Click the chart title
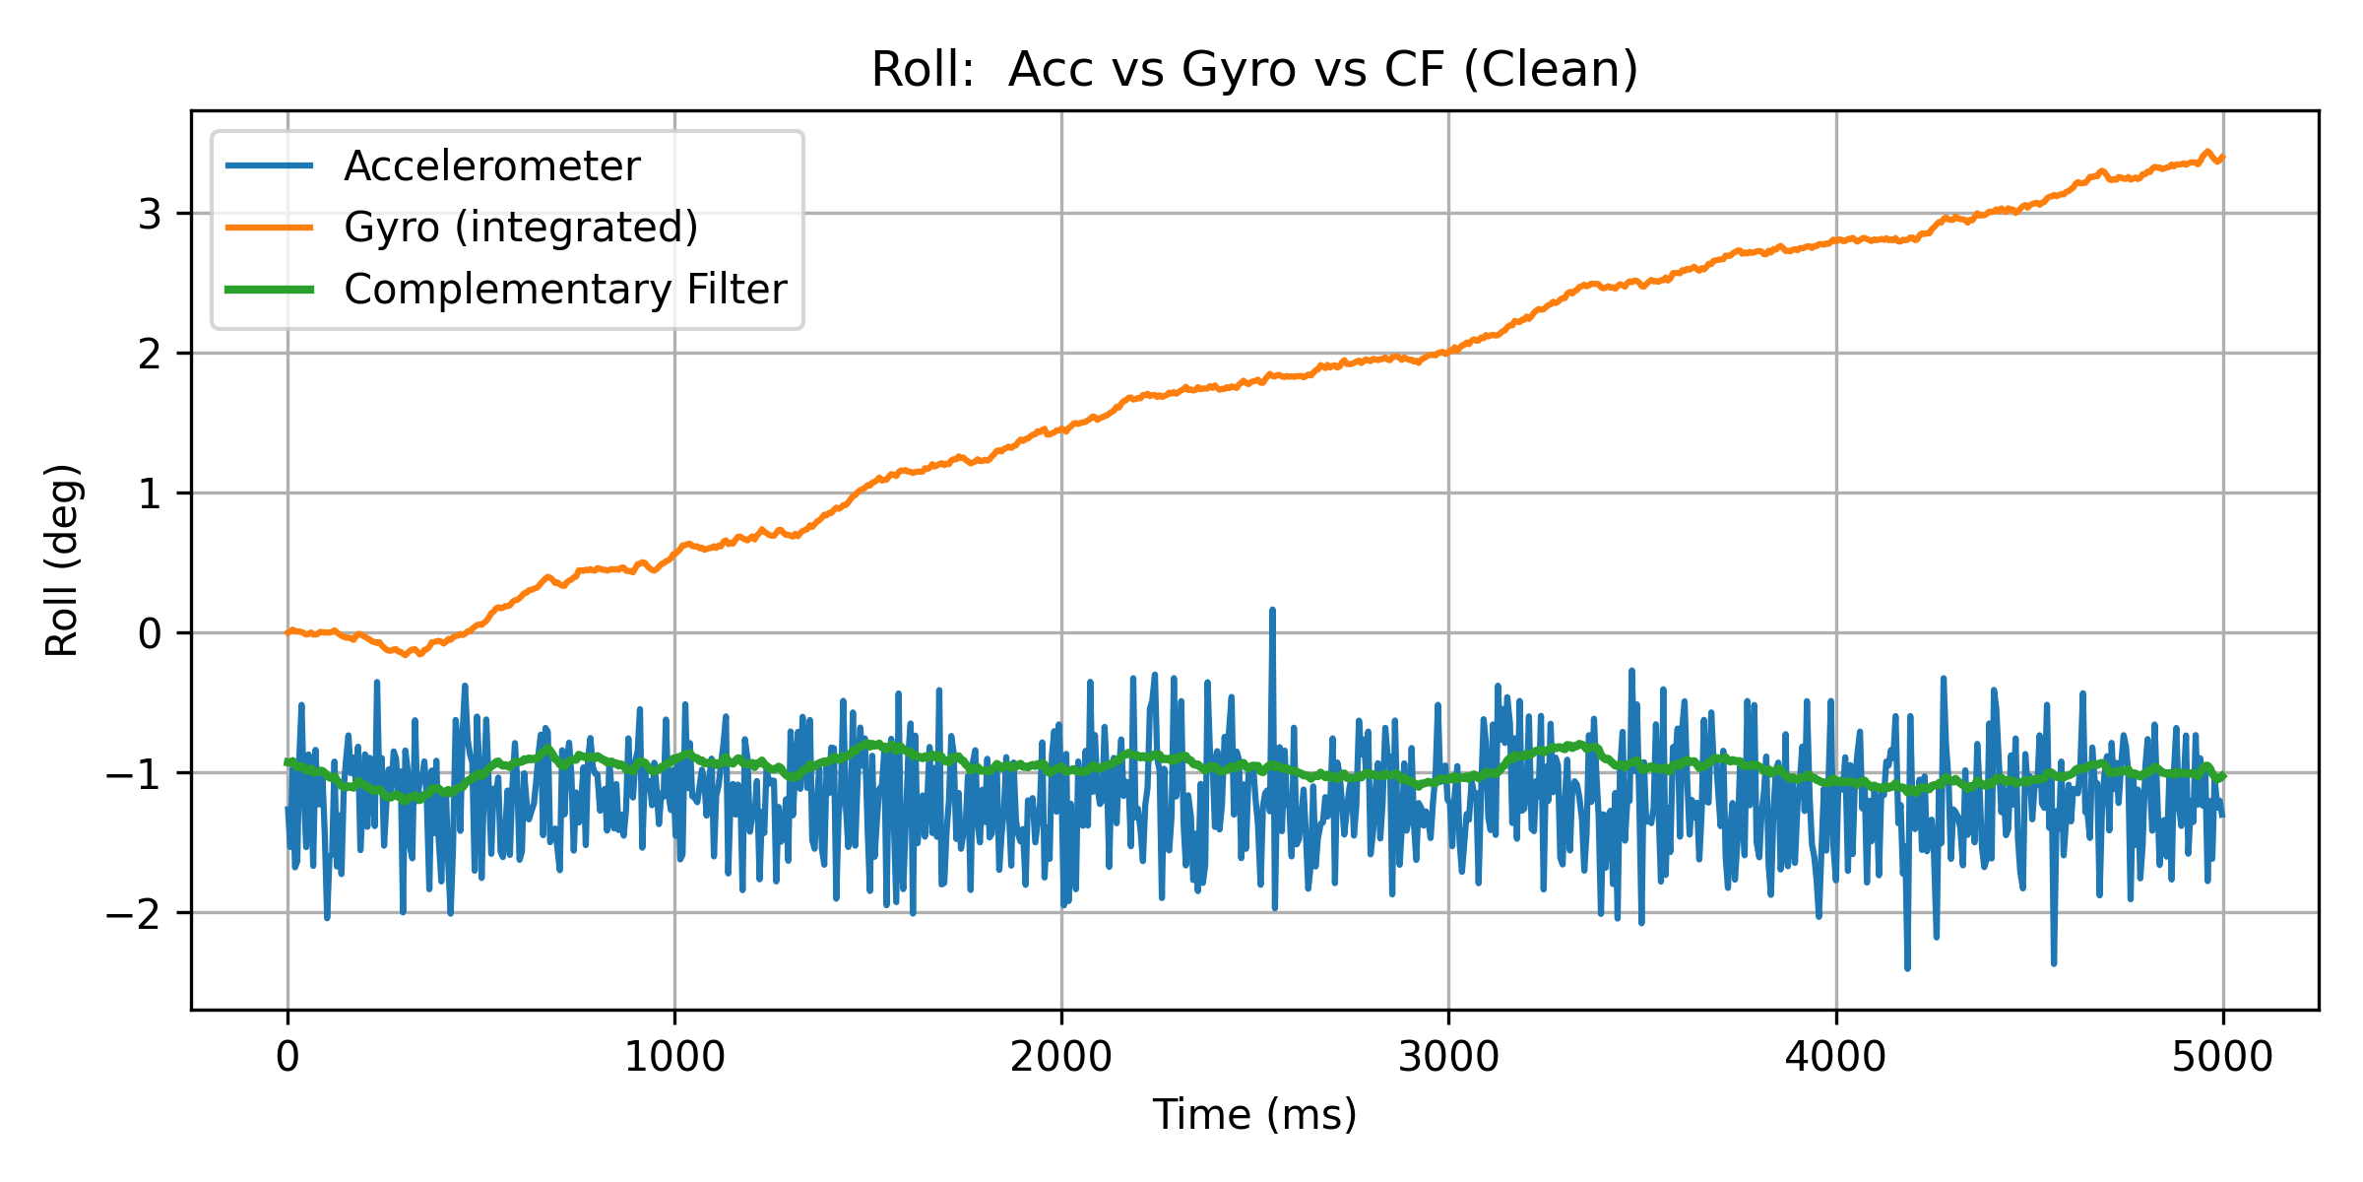pyautogui.click(x=1254, y=70)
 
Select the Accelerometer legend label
pyautogui.click(x=491, y=165)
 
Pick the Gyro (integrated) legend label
pyautogui.click(x=521, y=228)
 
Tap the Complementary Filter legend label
pyautogui.click(x=565, y=290)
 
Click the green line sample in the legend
pyautogui.click(x=270, y=290)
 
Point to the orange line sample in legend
pyautogui.click(x=270, y=228)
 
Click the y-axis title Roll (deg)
pyautogui.click(x=62, y=559)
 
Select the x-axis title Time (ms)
pyautogui.click(x=1254, y=1114)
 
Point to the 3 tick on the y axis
pyautogui.click(x=150, y=214)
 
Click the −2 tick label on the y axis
pyautogui.click(x=134, y=914)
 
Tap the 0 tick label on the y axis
pyautogui.click(x=150, y=633)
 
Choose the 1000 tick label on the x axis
pyautogui.click(x=674, y=1057)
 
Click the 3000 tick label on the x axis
pyautogui.click(x=1448, y=1057)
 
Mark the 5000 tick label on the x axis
pyautogui.click(x=2222, y=1057)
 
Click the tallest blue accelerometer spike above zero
pyautogui.click(x=1272, y=611)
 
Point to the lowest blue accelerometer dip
pyautogui.click(x=1907, y=968)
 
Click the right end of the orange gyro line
pyautogui.click(x=2222, y=158)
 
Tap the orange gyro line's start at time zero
pyautogui.click(x=287, y=632)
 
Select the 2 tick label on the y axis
pyautogui.click(x=150, y=354)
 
